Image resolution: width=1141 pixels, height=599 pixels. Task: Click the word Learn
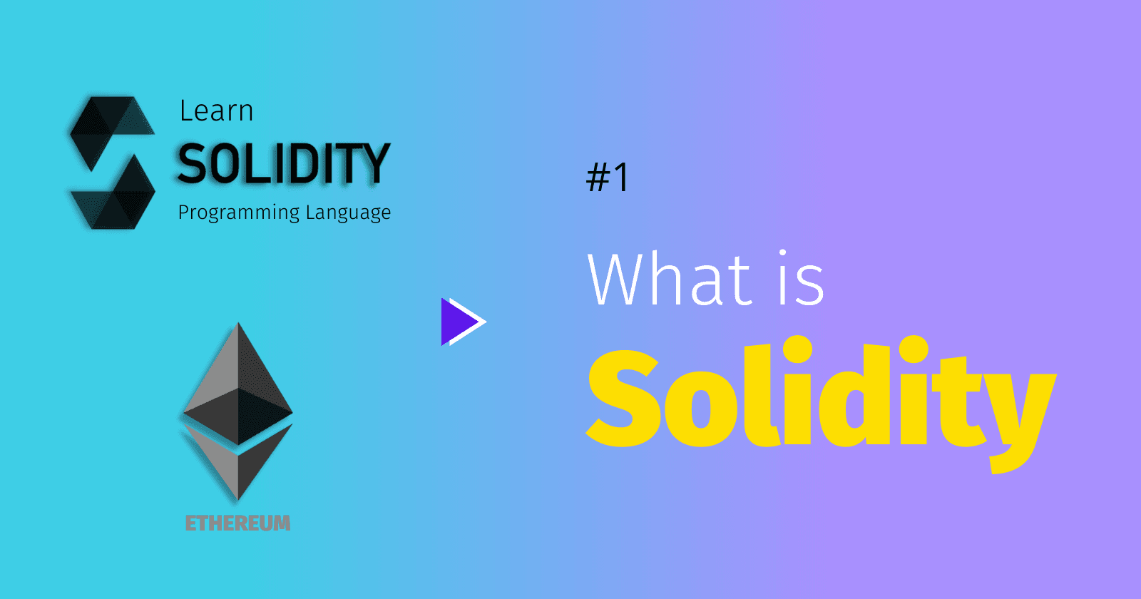coord(217,111)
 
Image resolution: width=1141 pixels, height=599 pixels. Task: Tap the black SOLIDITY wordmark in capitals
coord(284,163)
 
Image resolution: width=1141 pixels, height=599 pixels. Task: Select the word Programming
coord(238,213)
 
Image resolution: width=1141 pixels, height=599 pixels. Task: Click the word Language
coord(349,213)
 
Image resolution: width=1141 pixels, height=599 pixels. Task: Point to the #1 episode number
coord(607,177)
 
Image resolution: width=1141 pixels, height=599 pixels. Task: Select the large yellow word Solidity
coord(821,402)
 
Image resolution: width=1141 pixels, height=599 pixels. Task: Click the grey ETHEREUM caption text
coord(238,523)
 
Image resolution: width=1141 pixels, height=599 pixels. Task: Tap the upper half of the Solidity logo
coord(112,133)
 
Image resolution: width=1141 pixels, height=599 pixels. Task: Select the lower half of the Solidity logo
coord(113,193)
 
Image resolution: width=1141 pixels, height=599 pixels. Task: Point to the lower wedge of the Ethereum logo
coord(238,461)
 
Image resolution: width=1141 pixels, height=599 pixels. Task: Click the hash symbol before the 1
coord(598,178)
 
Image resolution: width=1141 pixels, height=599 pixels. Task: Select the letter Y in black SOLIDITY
coord(374,163)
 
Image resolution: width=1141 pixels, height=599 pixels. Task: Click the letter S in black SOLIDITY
coord(191,163)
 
